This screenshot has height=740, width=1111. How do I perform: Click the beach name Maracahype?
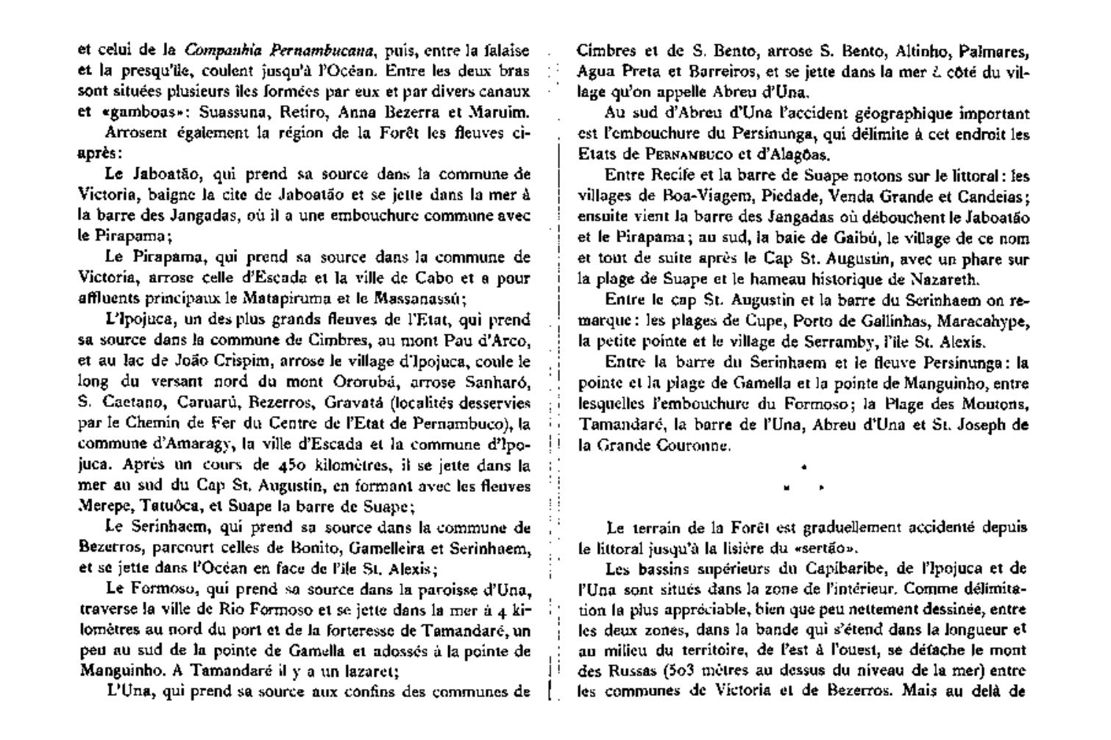coord(985,321)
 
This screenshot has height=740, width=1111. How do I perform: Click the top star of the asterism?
coord(803,467)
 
